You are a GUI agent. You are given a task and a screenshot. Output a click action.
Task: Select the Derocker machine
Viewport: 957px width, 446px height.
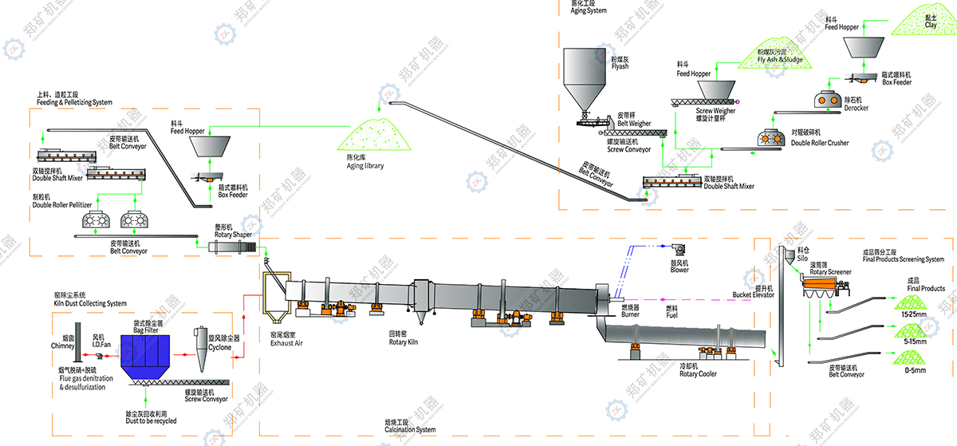click(827, 101)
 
